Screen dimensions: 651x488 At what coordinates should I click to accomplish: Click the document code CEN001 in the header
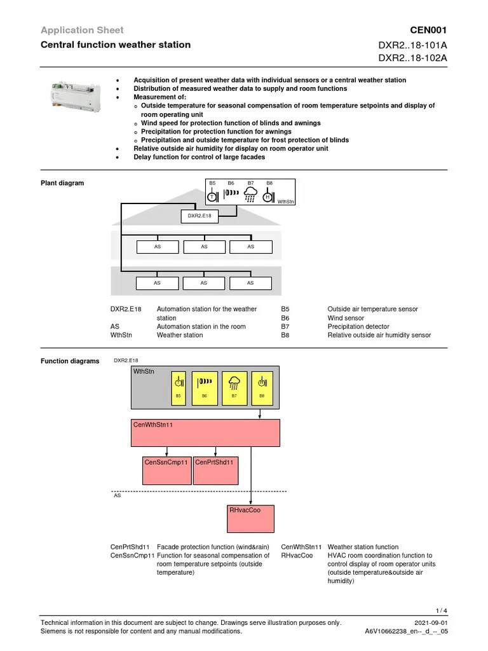pyautogui.click(x=430, y=30)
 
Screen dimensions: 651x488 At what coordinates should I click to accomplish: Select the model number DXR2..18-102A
pyautogui.click(x=413, y=58)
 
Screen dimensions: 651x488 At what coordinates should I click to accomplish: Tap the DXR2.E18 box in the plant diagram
pyautogui.click(x=199, y=216)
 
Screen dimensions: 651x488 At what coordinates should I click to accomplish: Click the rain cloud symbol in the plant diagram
pyautogui.click(x=250, y=194)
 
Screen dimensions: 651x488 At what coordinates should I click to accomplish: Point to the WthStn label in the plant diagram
pyautogui.click(x=286, y=202)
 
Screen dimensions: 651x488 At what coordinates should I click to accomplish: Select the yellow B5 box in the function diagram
pyautogui.click(x=179, y=387)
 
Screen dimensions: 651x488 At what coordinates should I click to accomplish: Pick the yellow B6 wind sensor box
pyautogui.click(x=205, y=387)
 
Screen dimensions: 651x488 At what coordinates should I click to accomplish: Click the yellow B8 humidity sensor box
pyautogui.click(x=261, y=387)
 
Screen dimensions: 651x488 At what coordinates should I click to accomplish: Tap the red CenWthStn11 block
pyautogui.click(x=206, y=433)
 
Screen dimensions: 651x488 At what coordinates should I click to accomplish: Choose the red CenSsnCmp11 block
pyautogui.click(x=166, y=470)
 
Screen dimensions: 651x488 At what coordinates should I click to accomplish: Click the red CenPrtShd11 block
pyautogui.click(x=215, y=470)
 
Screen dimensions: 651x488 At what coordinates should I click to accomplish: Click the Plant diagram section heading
pyautogui.click(x=62, y=183)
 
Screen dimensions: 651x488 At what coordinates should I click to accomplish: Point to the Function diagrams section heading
pyautogui.click(x=70, y=361)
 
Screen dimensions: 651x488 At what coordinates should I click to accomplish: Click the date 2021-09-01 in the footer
pyautogui.click(x=430, y=623)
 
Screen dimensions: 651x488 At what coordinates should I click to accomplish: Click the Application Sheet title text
pyautogui.click(x=82, y=30)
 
